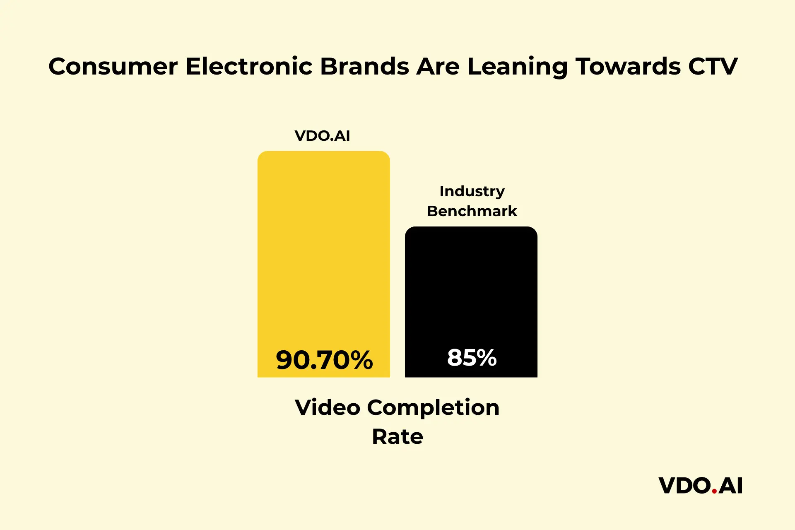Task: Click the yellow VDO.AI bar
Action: click(323, 248)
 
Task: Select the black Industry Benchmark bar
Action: click(471, 290)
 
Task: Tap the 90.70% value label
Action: click(324, 359)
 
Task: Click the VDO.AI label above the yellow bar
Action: click(322, 136)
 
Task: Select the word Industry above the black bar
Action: click(472, 191)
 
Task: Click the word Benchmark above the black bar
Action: click(472, 211)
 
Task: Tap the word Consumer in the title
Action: click(113, 66)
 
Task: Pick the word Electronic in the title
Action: click(249, 66)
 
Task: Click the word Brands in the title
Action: click(364, 66)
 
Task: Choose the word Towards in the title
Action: click(628, 66)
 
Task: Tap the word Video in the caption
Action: click(327, 407)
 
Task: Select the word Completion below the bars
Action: click(433, 408)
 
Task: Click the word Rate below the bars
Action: click(397, 436)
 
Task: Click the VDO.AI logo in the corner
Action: click(700, 486)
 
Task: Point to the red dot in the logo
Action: click(714, 491)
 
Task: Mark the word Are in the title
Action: click(438, 66)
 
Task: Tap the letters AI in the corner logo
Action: click(730, 486)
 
